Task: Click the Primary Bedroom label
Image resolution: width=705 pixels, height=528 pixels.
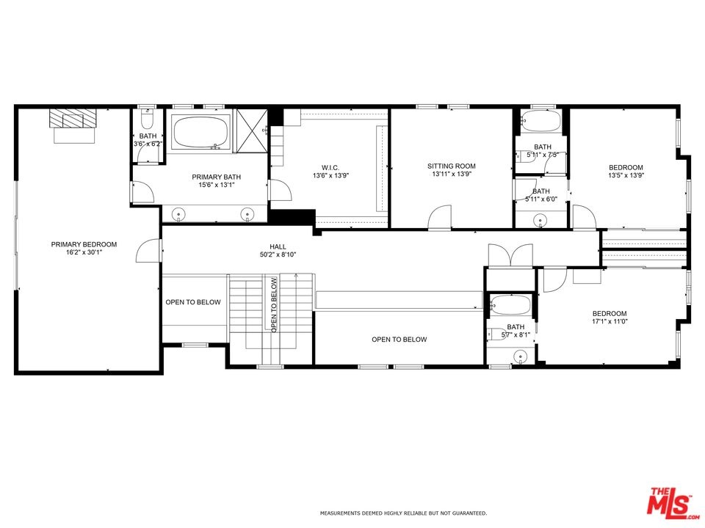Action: click(84, 244)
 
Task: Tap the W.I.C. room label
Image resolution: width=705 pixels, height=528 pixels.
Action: click(330, 167)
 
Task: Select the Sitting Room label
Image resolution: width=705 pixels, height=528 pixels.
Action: click(452, 166)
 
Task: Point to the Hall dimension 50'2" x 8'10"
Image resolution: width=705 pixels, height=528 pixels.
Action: click(278, 254)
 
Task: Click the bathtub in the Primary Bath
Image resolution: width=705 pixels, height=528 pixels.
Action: click(200, 132)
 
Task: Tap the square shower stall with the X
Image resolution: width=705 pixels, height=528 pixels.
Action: click(252, 131)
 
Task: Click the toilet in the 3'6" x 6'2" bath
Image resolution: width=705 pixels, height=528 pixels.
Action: click(148, 119)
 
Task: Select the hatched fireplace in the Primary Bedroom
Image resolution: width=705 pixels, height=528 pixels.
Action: click(73, 118)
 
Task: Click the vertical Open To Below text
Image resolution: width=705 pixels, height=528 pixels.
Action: click(274, 305)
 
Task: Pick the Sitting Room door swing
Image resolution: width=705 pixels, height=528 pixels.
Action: click(439, 217)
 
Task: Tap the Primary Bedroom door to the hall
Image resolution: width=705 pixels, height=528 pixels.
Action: click(149, 251)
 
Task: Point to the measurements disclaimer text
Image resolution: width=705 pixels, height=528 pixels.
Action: click(403, 513)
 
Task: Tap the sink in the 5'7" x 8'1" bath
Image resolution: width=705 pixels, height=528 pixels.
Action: click(520, 356)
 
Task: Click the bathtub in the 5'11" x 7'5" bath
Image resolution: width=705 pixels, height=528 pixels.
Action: click(540, 120)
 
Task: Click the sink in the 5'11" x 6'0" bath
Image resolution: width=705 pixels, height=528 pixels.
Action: click(540, 220)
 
